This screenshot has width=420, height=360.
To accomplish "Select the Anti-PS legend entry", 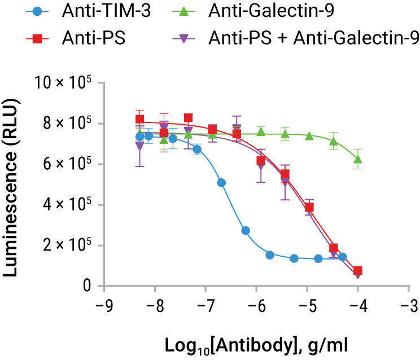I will click(79, 38).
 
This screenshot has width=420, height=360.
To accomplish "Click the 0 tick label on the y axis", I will click(88, 287).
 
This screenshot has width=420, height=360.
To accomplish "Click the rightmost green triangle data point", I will click(358, 159).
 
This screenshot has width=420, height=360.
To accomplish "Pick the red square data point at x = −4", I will click(358, 271).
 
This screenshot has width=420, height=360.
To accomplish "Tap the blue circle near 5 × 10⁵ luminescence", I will click(221, 183).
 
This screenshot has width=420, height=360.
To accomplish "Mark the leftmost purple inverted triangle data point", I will click(140, 146).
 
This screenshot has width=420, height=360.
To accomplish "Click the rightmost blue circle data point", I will click(342, 257).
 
